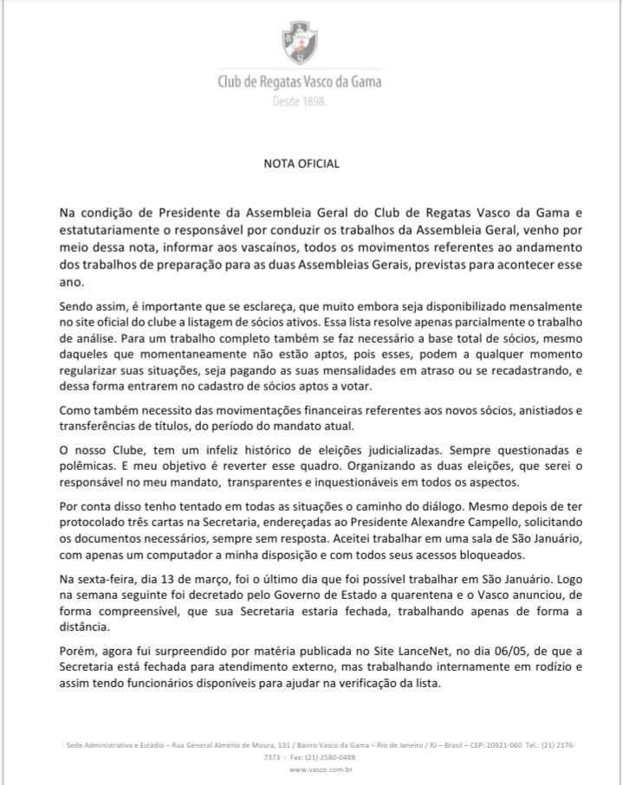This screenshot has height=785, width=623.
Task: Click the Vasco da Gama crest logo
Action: tap(299, 42)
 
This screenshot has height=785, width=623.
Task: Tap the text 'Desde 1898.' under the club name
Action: tap(299, 101)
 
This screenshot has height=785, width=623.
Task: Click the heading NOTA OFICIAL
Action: tap(302, 163)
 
